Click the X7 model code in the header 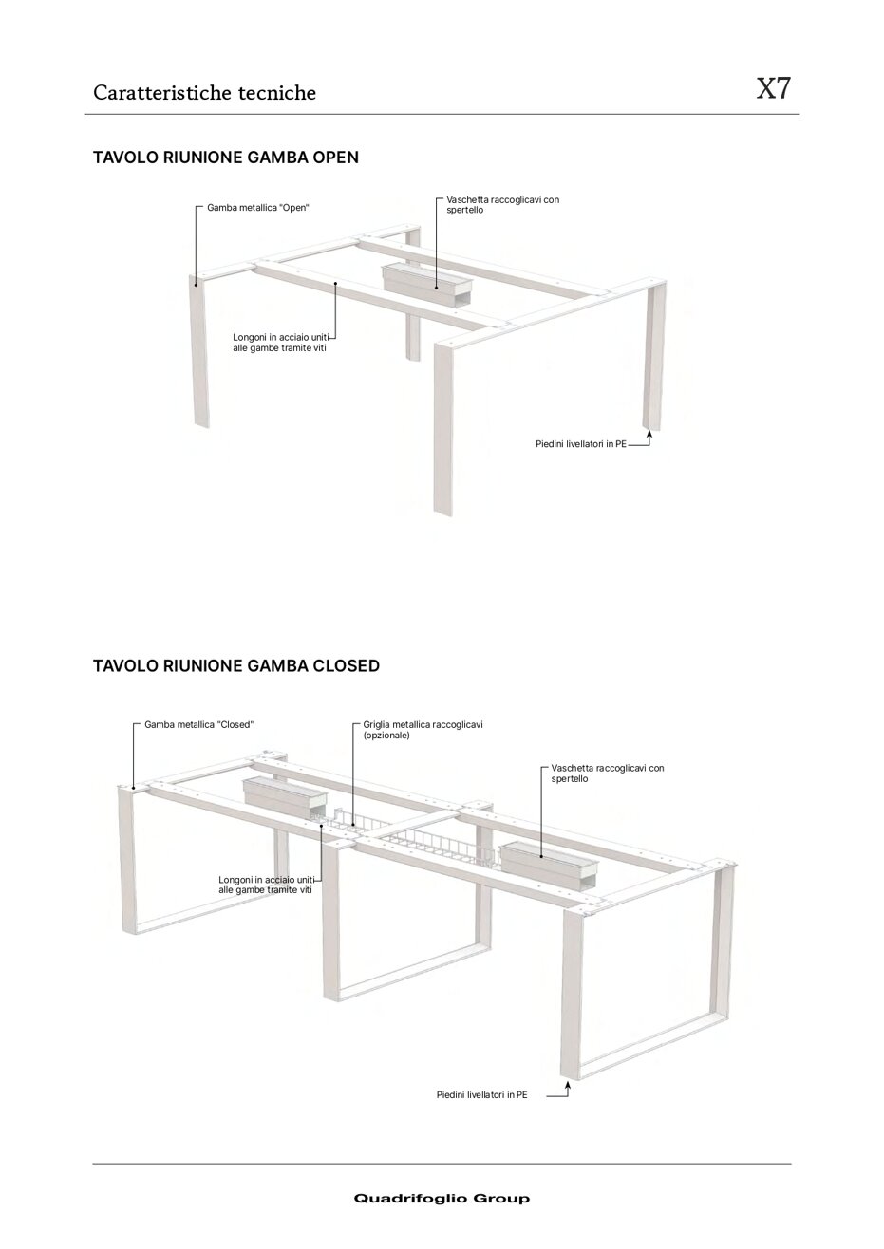pos(773,89)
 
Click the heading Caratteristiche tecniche pos(204,93)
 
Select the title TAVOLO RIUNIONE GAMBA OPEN pos(225,158)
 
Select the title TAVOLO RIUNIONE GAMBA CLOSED pos(235,666)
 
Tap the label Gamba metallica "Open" pos(258,207)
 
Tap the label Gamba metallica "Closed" pos(199,724)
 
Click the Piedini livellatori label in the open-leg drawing pos(581,443)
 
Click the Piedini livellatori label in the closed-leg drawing pos(481,1094)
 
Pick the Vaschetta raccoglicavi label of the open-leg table pos(502,205)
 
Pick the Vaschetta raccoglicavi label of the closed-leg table pos(608,773)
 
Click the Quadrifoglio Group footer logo pos(442,1199)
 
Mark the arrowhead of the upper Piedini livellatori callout pos(649,434)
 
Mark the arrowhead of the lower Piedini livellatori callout pos(566,1084)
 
